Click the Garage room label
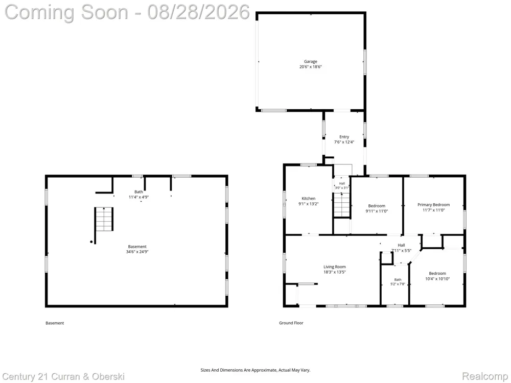point(311,61)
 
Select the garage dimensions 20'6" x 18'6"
point(311,67)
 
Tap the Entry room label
point(344,137)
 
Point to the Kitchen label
point(308,198)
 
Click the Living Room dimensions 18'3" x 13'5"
point(335,272)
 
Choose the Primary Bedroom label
point(433,205)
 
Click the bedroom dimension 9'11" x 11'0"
point(377,211)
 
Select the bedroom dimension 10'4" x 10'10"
point(437,279)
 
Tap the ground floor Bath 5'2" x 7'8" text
point(398,282)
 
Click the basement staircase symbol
point(104,219)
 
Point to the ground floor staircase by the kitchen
point(342,205)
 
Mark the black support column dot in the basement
point(91,242)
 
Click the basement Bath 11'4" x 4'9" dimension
point(139,197)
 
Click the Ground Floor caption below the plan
point(291,323)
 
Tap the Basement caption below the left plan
point(55,323)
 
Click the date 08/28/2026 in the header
point(198,12)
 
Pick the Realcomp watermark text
point(485,376)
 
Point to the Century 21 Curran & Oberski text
point(63,377)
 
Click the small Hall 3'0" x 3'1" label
point(342,186)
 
